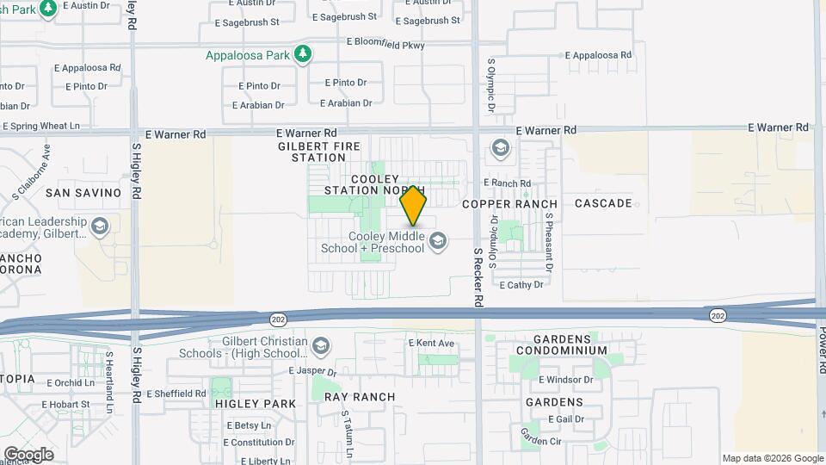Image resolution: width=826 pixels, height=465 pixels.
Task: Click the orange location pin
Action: coord(414,205)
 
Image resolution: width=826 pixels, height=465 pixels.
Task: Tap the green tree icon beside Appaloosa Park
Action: coord(302,55)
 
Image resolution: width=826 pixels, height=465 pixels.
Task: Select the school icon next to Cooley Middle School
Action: coord(438,240)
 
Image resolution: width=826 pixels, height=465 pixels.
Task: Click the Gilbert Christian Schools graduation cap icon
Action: coord(321,346)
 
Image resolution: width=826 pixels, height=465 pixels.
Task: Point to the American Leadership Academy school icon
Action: coord(99,226)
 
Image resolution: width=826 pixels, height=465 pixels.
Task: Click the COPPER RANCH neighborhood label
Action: coord(509,204)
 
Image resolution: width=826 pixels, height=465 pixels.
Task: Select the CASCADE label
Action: coord(603,203)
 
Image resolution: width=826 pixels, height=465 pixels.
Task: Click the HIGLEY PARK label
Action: coord(256,404)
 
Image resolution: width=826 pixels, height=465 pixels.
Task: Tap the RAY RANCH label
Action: coord(360,397)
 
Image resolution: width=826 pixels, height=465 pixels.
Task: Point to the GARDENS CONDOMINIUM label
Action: coord(563,344)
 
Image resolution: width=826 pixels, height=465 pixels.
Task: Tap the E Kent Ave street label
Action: coord(431,343)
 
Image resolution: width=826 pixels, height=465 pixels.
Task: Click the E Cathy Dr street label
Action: coord(521,284)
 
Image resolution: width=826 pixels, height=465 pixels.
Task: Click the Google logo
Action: coord(28,454)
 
